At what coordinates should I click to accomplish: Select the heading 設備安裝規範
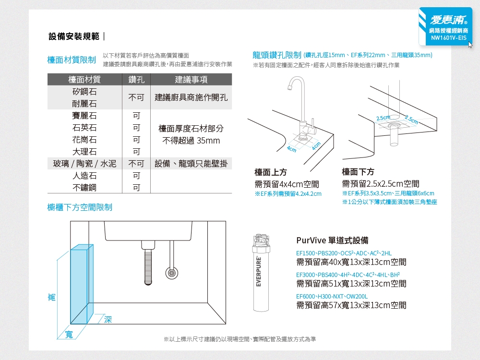coord(74,36)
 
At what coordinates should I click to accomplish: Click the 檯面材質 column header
coord(84,80)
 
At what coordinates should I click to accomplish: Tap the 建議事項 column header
coord(191,80)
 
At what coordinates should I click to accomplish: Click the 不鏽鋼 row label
coord(84,187)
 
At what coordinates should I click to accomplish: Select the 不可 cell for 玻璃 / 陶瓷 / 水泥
coord(136,164)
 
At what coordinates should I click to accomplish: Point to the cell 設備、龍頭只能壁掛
coord(191,164)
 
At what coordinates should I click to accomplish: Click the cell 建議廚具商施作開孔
coord(191,97)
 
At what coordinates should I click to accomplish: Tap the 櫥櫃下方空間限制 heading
coord(80,207)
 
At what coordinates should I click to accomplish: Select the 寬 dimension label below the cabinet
coord(69,334)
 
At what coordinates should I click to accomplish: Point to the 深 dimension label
coord(108,319)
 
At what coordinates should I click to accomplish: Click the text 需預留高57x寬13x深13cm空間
coord(351,305)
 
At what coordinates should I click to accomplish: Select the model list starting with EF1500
coord(344,253)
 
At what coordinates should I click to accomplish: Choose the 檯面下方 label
coord(358,172)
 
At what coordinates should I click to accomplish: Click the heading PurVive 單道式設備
coord(332,240)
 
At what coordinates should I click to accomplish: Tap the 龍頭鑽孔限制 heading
coord(277,55)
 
